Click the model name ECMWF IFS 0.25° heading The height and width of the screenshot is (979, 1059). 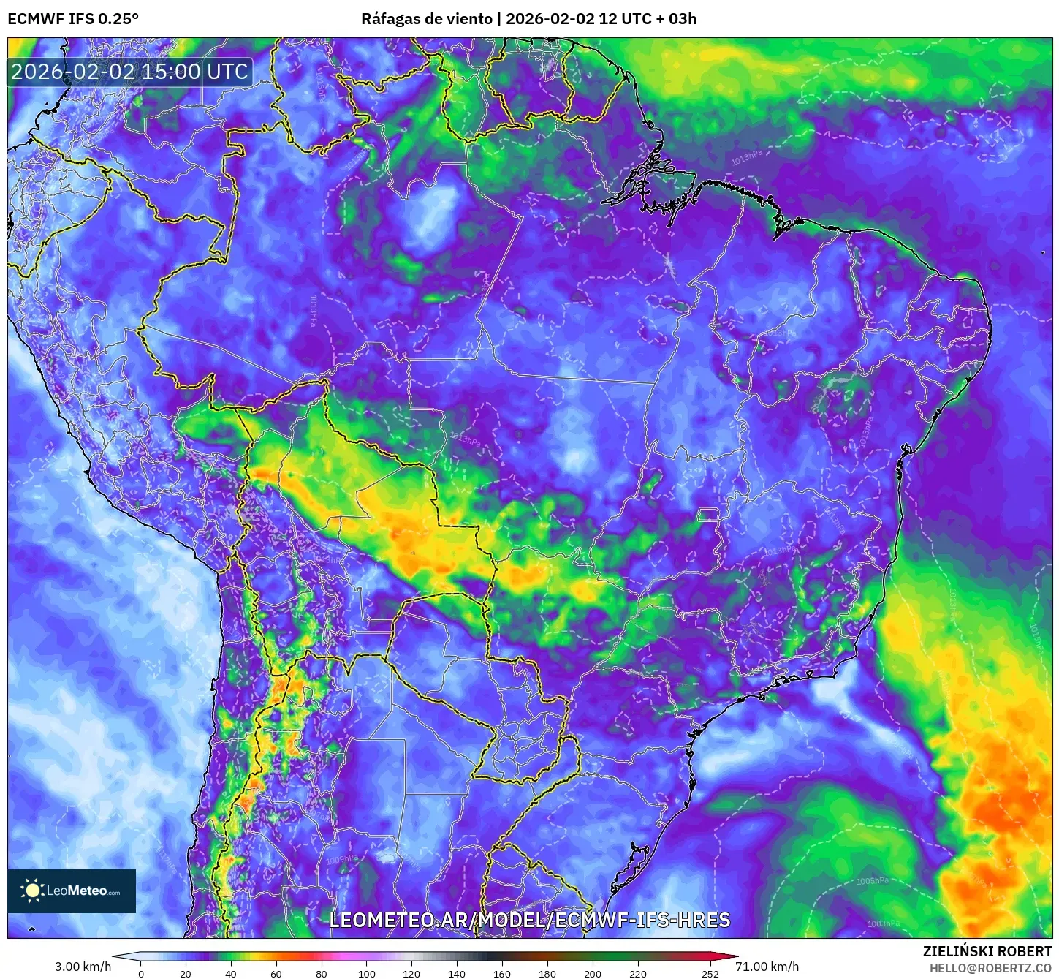point(73,18)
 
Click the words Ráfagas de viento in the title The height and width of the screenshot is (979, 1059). point(427,18)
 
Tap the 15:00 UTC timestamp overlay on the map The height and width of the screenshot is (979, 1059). point(129,72)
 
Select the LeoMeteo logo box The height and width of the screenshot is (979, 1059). point(72,891)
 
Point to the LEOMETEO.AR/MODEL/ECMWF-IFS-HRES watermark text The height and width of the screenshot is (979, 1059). point(529,920)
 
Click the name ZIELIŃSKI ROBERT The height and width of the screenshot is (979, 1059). point(987,951)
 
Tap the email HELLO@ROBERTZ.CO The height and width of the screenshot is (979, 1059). point(990,968)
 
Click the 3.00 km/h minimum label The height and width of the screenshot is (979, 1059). point(83,967)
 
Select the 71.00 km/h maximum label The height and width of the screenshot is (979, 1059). point(767,967)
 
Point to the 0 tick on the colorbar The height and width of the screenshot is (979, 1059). point(141,973)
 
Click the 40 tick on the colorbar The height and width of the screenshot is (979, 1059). point(231,973)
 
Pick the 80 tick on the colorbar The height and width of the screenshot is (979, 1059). point(322,973)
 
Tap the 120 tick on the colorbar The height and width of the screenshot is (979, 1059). point(411,973)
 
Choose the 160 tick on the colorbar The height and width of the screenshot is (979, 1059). point(502,973)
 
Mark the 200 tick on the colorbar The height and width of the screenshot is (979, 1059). point(593,973)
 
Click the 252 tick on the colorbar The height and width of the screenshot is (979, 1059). point(710,973)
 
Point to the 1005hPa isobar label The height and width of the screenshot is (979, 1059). point(873,881)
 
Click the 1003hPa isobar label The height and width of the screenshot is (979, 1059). point(884,923)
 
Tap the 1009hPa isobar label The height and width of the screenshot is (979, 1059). point(342,859)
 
